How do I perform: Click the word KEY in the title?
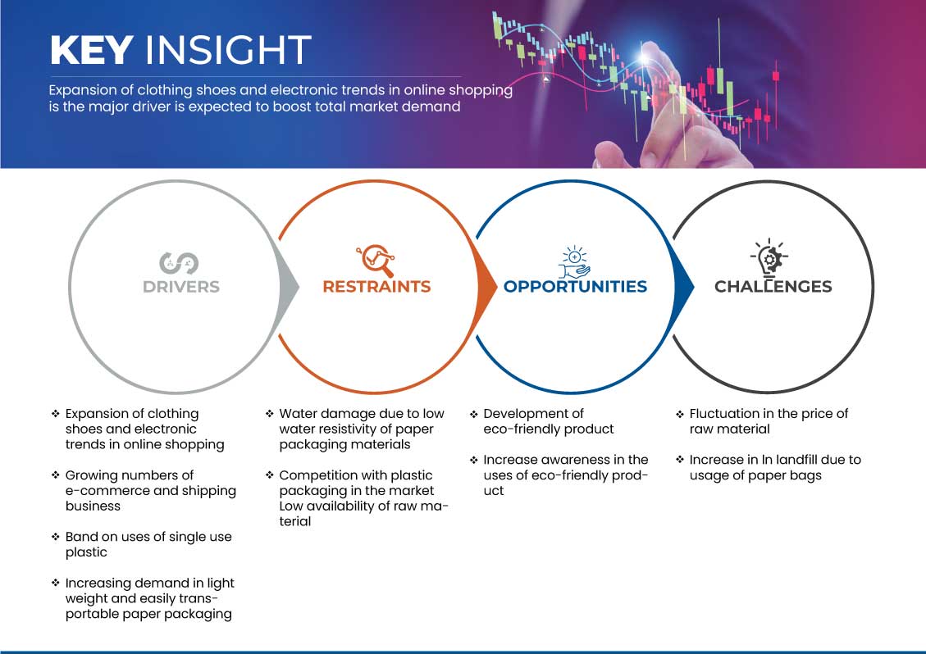(x=91, y=50)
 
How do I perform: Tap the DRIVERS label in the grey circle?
(x=180, y=287)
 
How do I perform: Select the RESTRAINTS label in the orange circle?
(x=376, y=287)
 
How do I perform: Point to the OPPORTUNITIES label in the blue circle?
(x=575, y=287)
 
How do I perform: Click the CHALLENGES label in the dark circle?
(x=773, y=287)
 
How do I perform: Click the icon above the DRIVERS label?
(x=179, y=262)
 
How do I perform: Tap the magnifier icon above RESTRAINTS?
(x=376, y=260)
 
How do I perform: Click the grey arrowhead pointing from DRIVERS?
(x=289, y=286)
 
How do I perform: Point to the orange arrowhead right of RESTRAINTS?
(x=486, y=286)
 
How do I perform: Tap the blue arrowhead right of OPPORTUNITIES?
(x=684, y=286)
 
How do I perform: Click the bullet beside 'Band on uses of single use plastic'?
(x=56, y=538)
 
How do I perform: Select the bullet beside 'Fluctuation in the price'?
(x=680, y=414)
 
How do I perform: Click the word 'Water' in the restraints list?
(x=297, y=414)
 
